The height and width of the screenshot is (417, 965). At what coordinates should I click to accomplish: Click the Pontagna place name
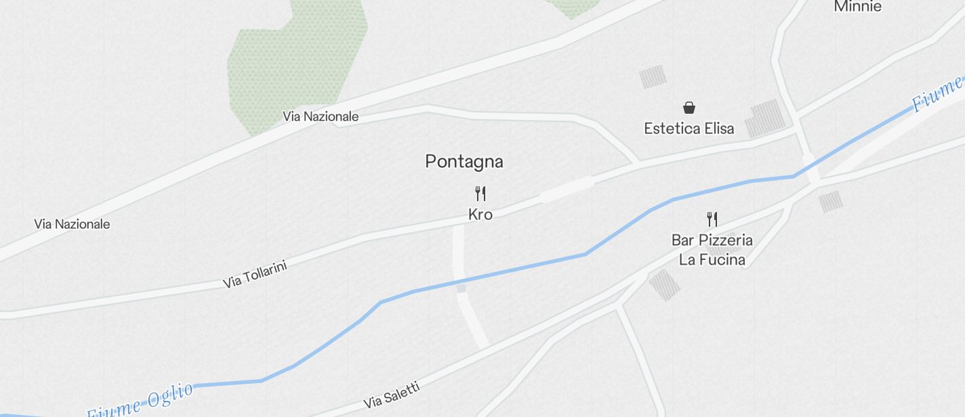pyautogui.click(x=464, y=162)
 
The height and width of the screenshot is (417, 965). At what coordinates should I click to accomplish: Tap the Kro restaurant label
pyautogui.click(x=480, y=215)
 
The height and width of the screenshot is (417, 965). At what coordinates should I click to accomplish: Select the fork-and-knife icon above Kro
pyautogui.click(x=480, y=194)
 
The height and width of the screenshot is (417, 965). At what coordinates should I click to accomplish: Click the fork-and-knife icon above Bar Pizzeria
pyautogui.click(x=712, y=219)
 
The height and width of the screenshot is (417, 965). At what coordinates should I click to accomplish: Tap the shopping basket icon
pyautogui.click(x=689, y=108)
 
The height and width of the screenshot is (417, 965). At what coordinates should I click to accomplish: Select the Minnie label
pyautogui.click(x=857, y=7)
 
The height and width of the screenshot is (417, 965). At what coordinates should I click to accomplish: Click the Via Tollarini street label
pyautogui.click(x=255, y=274)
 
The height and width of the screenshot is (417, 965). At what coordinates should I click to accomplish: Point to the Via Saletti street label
pyautogui.click(x=392, y=395)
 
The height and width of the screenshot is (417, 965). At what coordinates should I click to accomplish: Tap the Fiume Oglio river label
pyautogui.click(x=141, y=401)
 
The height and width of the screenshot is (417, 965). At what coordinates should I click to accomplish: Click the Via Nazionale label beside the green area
pyautogui.click(x=321, y=116)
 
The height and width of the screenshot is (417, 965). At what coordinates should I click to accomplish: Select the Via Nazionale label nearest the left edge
pyautogui.click(x=72, y=224)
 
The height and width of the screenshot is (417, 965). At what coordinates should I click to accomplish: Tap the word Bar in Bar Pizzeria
pyautogui.click(x=683, y=240)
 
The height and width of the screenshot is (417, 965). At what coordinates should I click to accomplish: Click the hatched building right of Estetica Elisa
pyautogui.click(x=765, y=119)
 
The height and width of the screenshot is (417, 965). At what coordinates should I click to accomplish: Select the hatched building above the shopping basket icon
pyautogui.click(x=653, y=76)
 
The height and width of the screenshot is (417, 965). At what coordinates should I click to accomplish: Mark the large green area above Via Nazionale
pyautogui.click(x=295, y=61)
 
